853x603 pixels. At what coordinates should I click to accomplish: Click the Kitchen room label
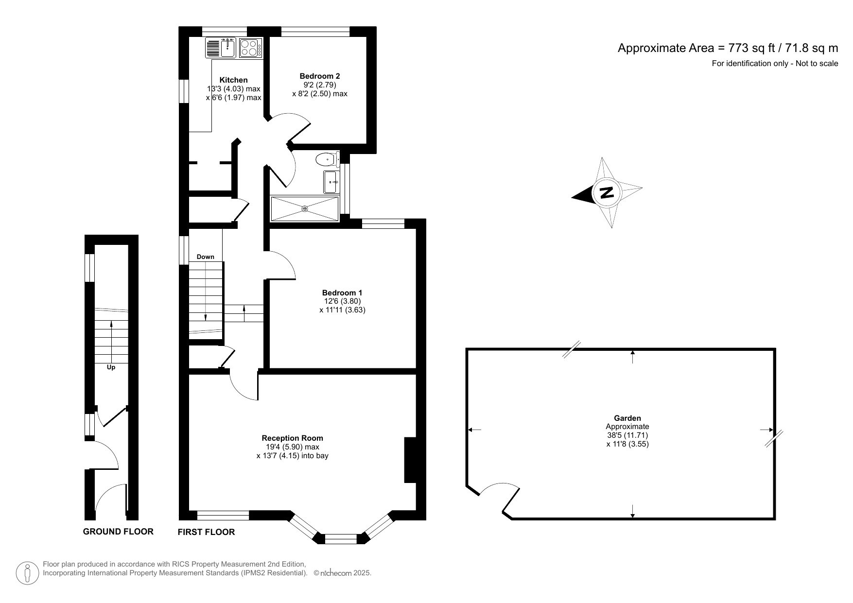(233, 80)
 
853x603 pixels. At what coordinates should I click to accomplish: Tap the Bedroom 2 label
(319, 76)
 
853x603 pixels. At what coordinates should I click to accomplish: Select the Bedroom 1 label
(342, 293)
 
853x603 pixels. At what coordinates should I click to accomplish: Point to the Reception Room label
(293, 438)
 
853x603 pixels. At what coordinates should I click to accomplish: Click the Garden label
(627, 418)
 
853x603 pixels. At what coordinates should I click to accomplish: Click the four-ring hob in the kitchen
(251, 48)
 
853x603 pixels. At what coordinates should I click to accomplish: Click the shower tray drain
(305, 208)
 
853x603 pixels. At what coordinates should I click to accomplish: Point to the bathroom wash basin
(331, 182)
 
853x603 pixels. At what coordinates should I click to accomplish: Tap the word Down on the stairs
(206, 257)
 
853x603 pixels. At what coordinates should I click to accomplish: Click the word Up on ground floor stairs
(111, 367)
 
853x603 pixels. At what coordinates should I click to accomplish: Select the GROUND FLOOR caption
(118, 531)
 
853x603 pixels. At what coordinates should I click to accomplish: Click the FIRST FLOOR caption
(206, 532)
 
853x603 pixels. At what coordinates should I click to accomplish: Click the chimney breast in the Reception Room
(410, 460)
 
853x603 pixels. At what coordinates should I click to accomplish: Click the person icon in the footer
(28, 573)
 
